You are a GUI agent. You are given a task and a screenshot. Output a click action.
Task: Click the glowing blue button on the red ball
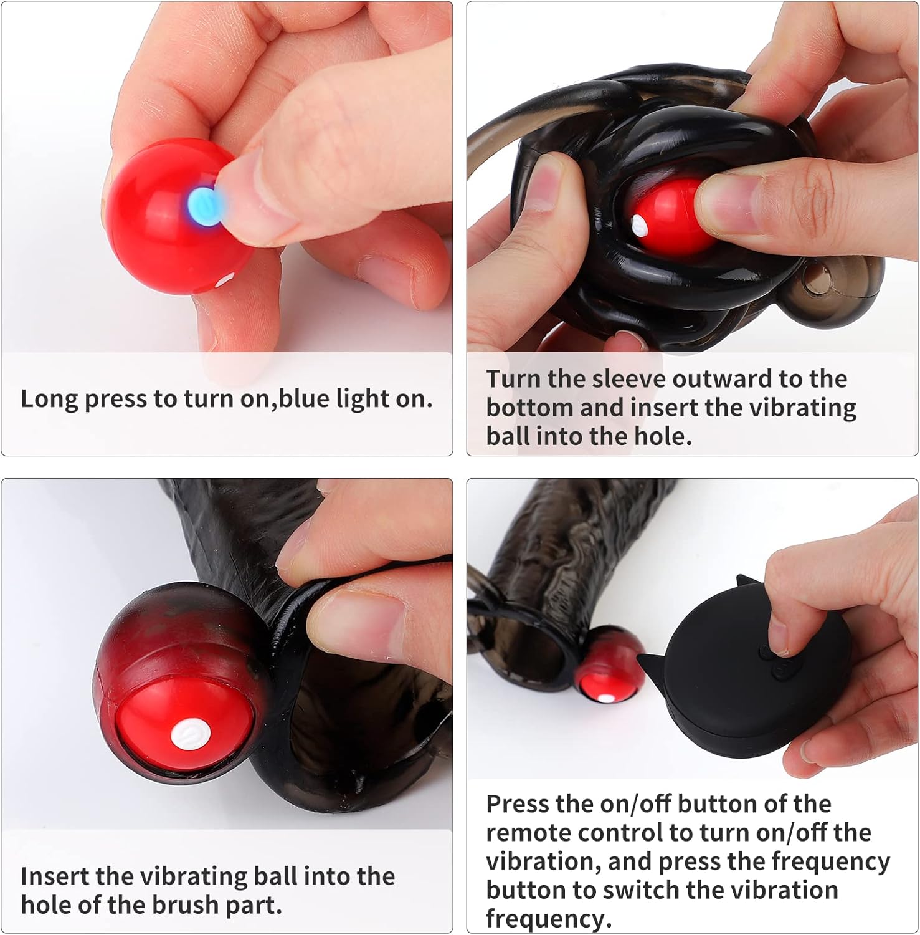[203, 205]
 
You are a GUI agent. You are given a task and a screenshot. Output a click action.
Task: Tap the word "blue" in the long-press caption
[304, 398]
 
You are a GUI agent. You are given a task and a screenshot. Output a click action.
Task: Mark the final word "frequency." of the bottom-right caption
[549, 919]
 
